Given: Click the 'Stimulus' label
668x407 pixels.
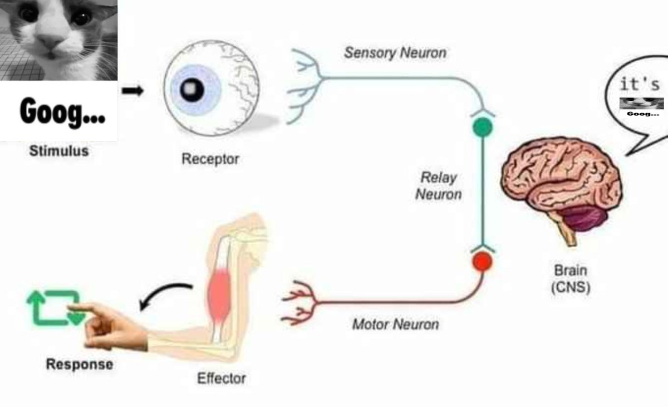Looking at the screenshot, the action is (x=59, y=151).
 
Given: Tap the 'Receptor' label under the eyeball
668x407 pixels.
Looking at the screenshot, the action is (x=210, y=159).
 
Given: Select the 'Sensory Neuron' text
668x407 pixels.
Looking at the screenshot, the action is (x=395, y=53).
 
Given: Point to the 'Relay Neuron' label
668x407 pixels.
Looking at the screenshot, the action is (x=439, y=186).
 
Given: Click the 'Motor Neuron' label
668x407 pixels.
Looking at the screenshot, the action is (x=396, y=324).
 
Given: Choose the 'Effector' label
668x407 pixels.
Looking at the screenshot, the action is (x=222, y=379).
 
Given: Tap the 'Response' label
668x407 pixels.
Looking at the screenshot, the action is (x=80, y=364).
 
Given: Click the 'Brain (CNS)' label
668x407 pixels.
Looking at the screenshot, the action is (x=571, y=279).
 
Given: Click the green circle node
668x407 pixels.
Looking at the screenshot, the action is (x=483, y=128).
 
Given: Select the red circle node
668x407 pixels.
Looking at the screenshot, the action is (x=482, y=261).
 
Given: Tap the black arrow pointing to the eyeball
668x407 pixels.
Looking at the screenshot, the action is (x=132, y=90).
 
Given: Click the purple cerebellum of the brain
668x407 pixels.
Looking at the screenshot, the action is (x=583, y=219).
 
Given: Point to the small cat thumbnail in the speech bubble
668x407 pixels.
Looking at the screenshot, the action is (x=641, y=104).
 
